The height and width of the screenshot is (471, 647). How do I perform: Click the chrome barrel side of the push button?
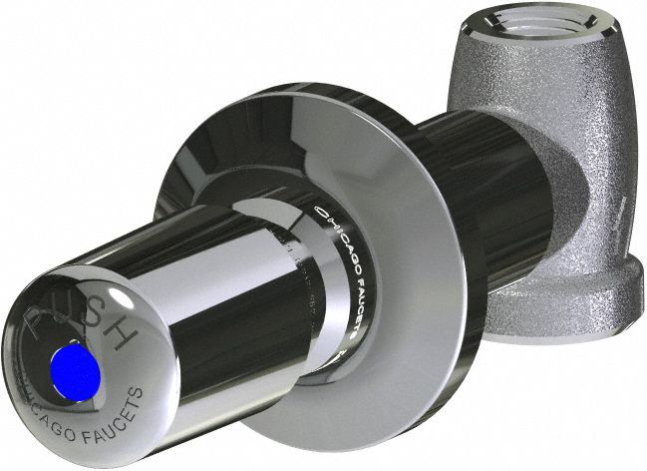point(229,299)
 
